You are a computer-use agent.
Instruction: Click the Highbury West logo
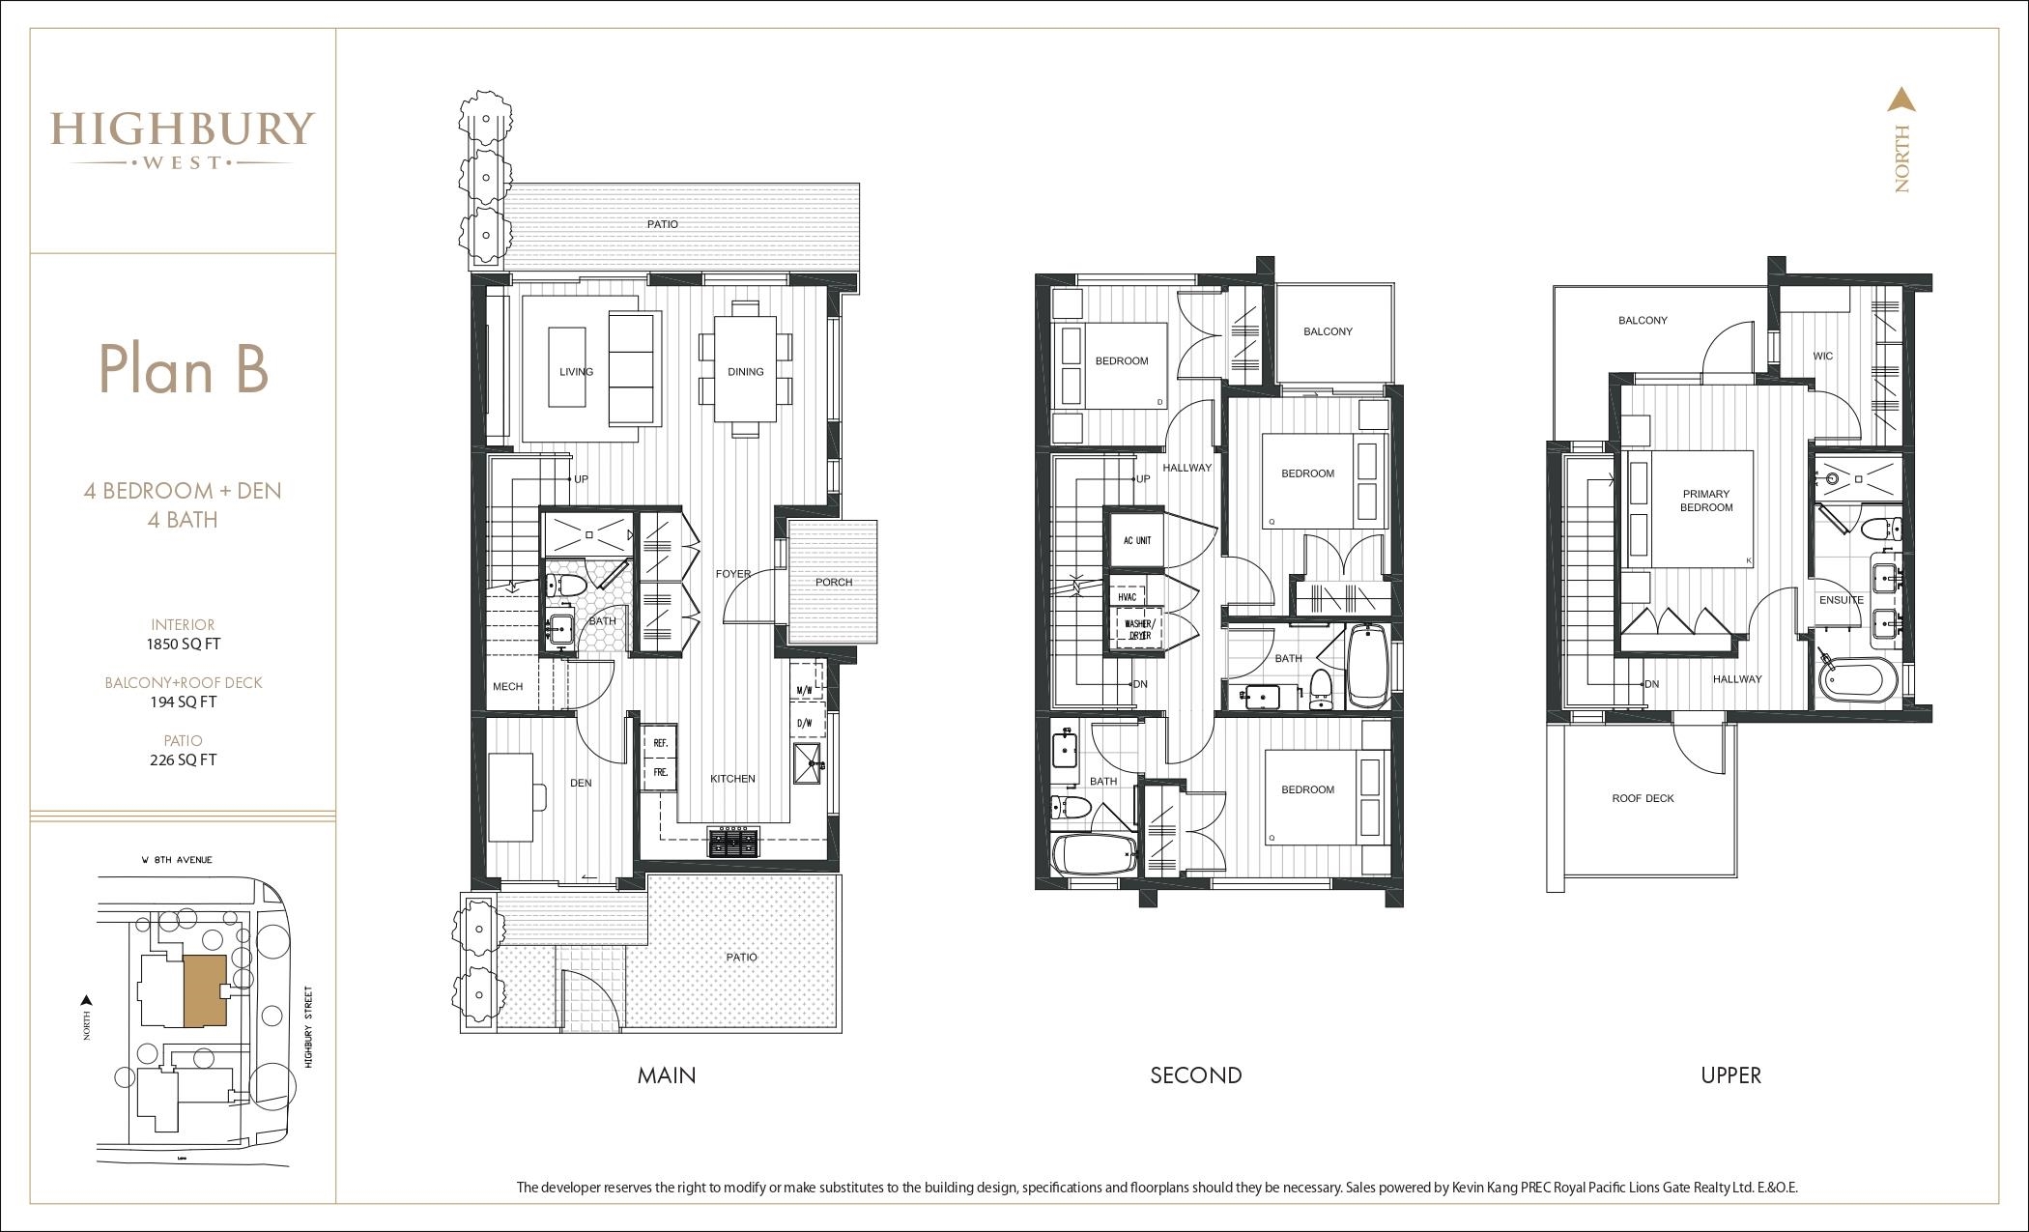183,141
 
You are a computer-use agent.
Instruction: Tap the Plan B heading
184,368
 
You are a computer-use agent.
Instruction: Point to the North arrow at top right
1901,100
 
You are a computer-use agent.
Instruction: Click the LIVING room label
576,372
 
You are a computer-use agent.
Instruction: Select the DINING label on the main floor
746,372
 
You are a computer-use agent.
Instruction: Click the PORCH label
834,583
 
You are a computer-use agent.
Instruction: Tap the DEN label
581,783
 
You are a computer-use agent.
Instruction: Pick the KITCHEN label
733,779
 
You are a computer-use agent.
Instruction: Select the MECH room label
507,687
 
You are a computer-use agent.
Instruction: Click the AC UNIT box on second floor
1137,540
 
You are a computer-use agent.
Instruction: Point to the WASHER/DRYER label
1138,630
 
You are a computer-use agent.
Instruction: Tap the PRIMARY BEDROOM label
1706,501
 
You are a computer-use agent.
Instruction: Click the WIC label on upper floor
1822,357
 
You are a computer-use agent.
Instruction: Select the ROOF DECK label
1643,798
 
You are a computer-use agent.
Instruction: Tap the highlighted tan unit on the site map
204,991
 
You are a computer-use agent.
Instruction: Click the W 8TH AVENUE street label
175,859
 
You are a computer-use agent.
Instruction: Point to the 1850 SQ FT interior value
184,644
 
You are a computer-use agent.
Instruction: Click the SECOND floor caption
1196,1075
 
